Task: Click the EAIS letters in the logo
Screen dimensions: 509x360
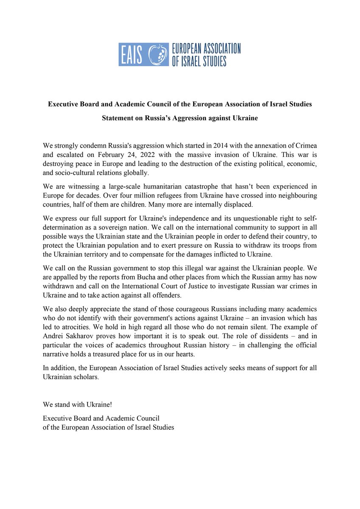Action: pos(133,54)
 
